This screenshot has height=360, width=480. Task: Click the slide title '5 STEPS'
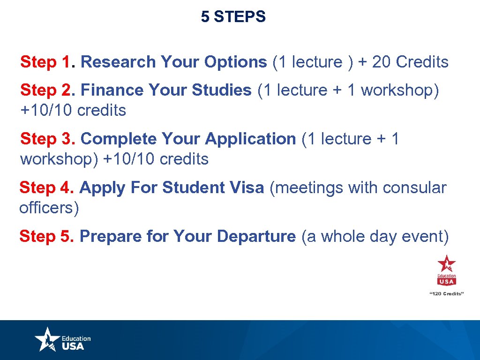[x=233, y=17]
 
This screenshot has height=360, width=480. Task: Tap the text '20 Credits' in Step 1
[x=410, y=62]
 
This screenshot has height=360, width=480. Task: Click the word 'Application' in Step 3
[x=250, y=139]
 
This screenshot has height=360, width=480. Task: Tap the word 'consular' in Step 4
[x=414, y=188]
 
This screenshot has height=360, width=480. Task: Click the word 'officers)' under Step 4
[x=49, y=208]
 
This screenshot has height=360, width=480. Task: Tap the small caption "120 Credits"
[x=446, y=293]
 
